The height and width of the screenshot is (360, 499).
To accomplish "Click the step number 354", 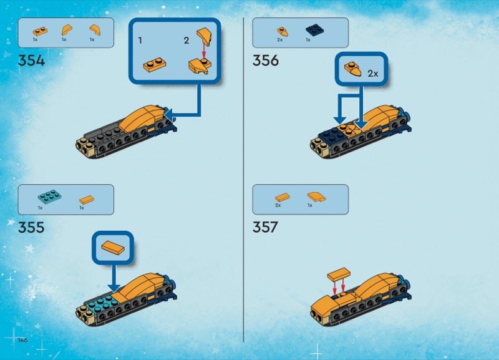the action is coord(31,61).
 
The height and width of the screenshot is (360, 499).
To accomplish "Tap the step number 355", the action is coord(31,227).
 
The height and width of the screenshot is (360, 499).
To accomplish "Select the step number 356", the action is coord(266,61).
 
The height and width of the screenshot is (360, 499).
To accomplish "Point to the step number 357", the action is coord(266,227).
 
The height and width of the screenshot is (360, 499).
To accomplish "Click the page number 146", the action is coord(22,340).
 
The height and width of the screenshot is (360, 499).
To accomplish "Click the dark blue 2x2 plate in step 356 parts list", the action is coord(315,31).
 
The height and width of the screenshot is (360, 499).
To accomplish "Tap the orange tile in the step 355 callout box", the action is coord(113,247).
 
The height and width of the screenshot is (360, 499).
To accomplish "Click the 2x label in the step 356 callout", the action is coord(372,74).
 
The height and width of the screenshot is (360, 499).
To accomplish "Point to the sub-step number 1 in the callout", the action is coord(140,41).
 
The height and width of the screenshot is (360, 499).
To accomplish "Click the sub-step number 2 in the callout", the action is coord(187,41).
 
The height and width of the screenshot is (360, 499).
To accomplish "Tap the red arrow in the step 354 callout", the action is coord(204,51).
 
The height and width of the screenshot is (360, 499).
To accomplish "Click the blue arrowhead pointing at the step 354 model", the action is coord(168,114).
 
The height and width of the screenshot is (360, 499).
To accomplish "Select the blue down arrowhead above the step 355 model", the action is coord(114,288).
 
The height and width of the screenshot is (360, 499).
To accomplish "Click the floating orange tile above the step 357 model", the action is coord(339,275).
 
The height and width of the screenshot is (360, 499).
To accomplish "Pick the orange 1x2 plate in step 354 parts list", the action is coord(40,31).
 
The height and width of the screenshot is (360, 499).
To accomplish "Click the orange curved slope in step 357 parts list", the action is coord(317,197).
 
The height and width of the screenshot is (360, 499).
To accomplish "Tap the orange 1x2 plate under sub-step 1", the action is coord(154,65).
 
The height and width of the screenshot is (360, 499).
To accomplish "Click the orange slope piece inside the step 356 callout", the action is coord(352,69).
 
